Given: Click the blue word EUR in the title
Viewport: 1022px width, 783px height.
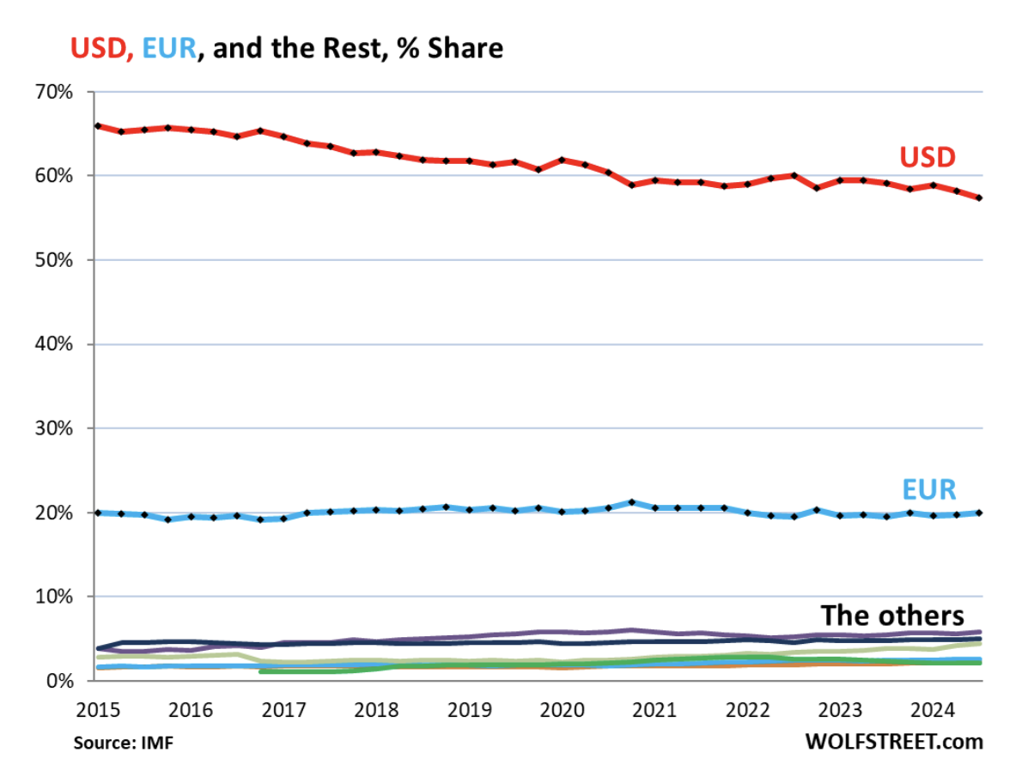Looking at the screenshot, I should (x=169, y=48).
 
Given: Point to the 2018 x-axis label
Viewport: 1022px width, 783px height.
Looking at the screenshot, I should (x=376, y=712).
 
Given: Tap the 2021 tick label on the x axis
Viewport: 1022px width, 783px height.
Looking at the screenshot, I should (x=654, y=712).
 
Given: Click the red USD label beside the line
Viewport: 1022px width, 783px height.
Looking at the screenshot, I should (x=928, y=157).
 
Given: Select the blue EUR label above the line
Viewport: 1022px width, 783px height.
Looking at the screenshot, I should (x=929, y=489).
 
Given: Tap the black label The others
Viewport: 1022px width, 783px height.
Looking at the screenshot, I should (x=892, y=616).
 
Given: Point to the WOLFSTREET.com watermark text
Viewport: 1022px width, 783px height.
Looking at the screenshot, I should (x=893, y=741).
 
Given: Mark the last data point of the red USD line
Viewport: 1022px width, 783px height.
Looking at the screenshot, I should (x=979, y=198).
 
